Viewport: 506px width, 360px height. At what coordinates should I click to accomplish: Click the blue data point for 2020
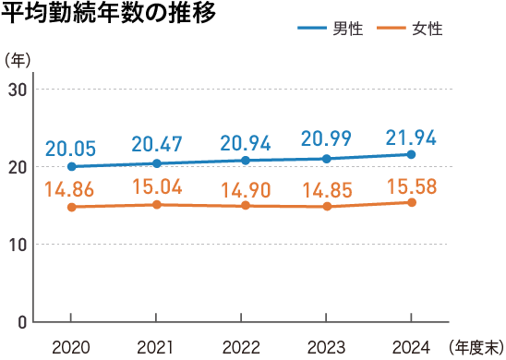pos(72,166)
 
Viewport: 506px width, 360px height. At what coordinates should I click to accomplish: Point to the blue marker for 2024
pos(412,154)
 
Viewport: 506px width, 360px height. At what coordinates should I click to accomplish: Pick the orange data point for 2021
pos(157,204)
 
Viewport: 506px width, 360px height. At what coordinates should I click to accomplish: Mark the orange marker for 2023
pos(327,206)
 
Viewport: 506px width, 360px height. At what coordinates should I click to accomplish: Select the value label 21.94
pos(412,136)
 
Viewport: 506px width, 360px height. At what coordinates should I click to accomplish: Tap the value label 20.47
pos(157,144)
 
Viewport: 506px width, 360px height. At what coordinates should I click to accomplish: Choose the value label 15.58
pos(412,186)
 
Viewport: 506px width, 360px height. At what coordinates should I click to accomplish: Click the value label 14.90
pos(242,191)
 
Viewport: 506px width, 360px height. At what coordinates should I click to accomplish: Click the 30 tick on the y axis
pos(18,90)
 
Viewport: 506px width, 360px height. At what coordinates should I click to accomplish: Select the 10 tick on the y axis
pos(18,245)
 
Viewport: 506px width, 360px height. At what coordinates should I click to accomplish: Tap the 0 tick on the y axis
pos(22,322)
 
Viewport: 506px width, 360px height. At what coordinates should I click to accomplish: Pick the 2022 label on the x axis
pos(242,346)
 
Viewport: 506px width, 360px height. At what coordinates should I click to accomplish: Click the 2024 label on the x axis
pos(412,346)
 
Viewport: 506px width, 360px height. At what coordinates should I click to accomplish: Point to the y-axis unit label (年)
pos(18,60)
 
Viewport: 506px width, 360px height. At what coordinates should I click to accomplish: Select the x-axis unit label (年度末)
pos(475,346)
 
